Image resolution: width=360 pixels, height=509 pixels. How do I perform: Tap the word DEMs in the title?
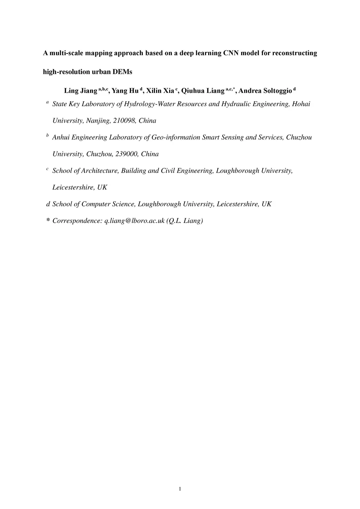click(x=122, y=72)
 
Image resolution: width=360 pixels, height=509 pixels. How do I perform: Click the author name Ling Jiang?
click(x=80, y=91)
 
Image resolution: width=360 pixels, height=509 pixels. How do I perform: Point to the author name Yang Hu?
click(x=125, y=91)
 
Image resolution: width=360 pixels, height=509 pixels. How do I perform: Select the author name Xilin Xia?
click(x=160, y=91)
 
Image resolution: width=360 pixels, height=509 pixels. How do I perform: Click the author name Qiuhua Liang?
click(x=202, y=91)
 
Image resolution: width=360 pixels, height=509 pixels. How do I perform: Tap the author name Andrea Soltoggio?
click(x=265, y=91)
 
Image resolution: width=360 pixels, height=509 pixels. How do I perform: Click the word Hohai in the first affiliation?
click(x=301, y=104)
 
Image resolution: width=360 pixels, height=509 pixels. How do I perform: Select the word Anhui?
click(x=61, y=137)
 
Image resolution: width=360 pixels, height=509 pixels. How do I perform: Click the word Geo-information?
click(x=176, y=137)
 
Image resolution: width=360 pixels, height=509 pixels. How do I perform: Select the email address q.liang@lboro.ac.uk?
click(x=135, y=221)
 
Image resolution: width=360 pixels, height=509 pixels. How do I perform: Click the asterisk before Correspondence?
click(x=48, y=220)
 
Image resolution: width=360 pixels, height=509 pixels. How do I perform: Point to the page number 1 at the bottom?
click(x=180, y=489)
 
